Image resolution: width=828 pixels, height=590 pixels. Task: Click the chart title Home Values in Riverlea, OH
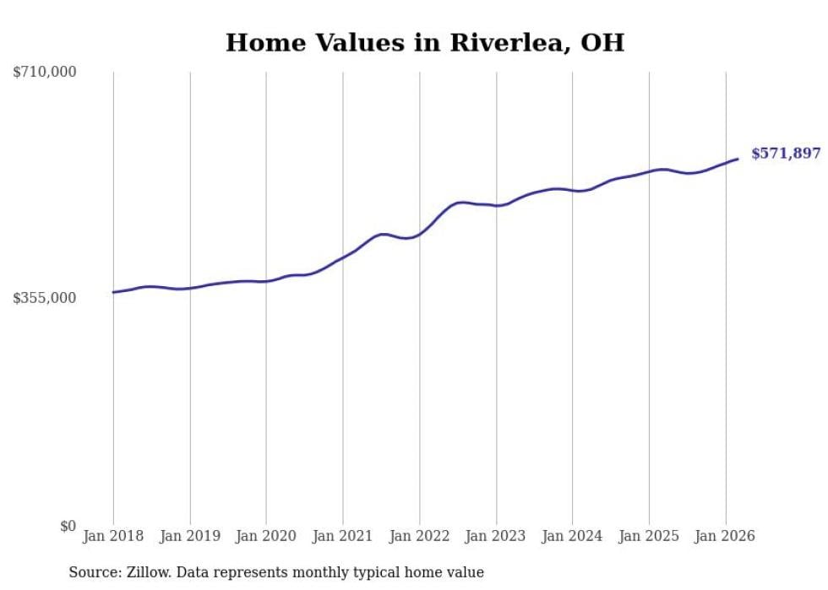424,43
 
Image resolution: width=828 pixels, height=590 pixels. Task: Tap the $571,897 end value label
786,154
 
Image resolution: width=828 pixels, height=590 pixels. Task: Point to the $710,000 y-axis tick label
45,73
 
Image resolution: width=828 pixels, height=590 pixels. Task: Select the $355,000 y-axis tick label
45,298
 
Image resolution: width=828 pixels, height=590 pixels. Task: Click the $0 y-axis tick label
68,526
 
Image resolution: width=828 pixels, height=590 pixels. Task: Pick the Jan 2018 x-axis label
113,536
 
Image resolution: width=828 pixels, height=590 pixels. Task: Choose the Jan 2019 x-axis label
190,536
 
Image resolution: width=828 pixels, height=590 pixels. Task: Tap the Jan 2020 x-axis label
266,536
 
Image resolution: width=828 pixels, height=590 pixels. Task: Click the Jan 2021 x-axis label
343,536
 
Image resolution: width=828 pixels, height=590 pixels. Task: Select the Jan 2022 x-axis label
419,536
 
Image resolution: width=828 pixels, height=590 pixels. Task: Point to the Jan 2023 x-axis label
496,536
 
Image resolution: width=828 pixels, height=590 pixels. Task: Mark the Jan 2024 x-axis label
572,536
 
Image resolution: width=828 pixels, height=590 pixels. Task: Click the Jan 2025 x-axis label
649,536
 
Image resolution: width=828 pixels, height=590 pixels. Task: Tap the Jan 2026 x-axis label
725,536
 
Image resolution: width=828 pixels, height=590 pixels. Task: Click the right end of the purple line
738,159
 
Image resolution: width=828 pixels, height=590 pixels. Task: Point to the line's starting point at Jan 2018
113,292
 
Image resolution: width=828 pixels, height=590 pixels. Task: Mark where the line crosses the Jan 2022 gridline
419,233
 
